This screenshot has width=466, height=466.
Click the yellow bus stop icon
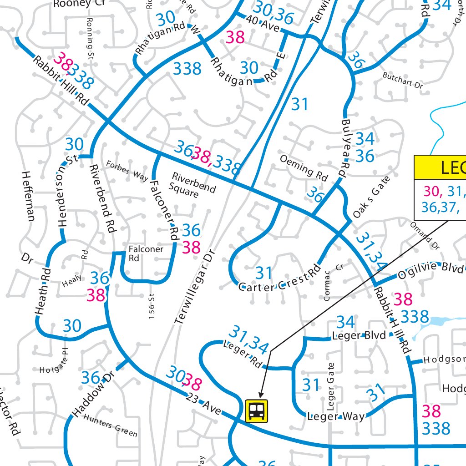(x=258, y=410)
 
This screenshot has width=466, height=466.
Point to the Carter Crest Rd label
(x=279, y=281)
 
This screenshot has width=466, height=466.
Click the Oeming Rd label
(x=304, y=168)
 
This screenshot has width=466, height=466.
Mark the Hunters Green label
(x=111, y=425)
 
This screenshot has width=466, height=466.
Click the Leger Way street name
(x=336, y=416)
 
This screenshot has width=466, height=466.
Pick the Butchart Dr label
(x=403, y=80)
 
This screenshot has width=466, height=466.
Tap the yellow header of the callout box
(x=440, y=167)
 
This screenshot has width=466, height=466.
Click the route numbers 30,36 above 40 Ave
(x=273, y=12)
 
